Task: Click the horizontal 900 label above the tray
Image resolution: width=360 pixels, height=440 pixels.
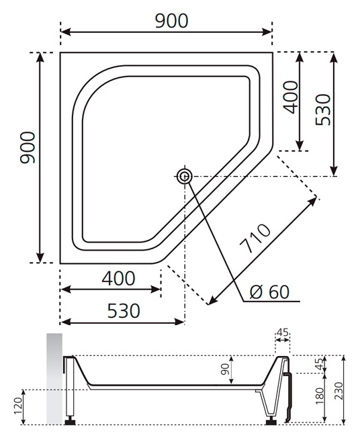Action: click(x=171, y=21)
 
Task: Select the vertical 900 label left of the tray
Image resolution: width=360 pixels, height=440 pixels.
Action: click(x=28, y=148)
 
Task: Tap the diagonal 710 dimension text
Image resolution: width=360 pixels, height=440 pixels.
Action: click(x=255, y=238)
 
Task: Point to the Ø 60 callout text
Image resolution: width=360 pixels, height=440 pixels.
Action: click(x=269, y=292)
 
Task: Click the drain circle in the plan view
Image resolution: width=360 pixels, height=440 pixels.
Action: click(x=185, y=177)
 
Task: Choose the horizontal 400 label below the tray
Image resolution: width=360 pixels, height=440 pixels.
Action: click(x=118, y=278)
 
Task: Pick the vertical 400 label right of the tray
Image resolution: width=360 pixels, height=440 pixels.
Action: click(x=290, y=97)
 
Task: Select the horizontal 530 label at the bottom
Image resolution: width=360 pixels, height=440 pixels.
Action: click(x=124, y=310)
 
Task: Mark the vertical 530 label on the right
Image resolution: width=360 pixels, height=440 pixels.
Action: click(x=323, y=109)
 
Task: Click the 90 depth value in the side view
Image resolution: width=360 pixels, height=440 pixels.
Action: click(x=225, y=369)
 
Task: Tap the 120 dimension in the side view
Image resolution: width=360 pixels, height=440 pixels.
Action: click(x=17, y=406)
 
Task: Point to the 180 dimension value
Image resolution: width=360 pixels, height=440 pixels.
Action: click(x=320, y=396)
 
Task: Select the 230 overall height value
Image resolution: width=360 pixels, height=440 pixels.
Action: click(x=339, y=391)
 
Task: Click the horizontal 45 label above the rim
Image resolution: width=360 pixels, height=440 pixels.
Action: click(x=282, y=333)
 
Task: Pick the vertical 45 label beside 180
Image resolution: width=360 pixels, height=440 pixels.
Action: click(x=320, y=364)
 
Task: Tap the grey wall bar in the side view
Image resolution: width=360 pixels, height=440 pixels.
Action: click(x=54, y=379)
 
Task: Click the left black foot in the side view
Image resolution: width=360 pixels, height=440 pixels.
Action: click(x=69, y=421)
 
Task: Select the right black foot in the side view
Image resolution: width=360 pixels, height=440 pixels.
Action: click(x=271, y=421)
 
